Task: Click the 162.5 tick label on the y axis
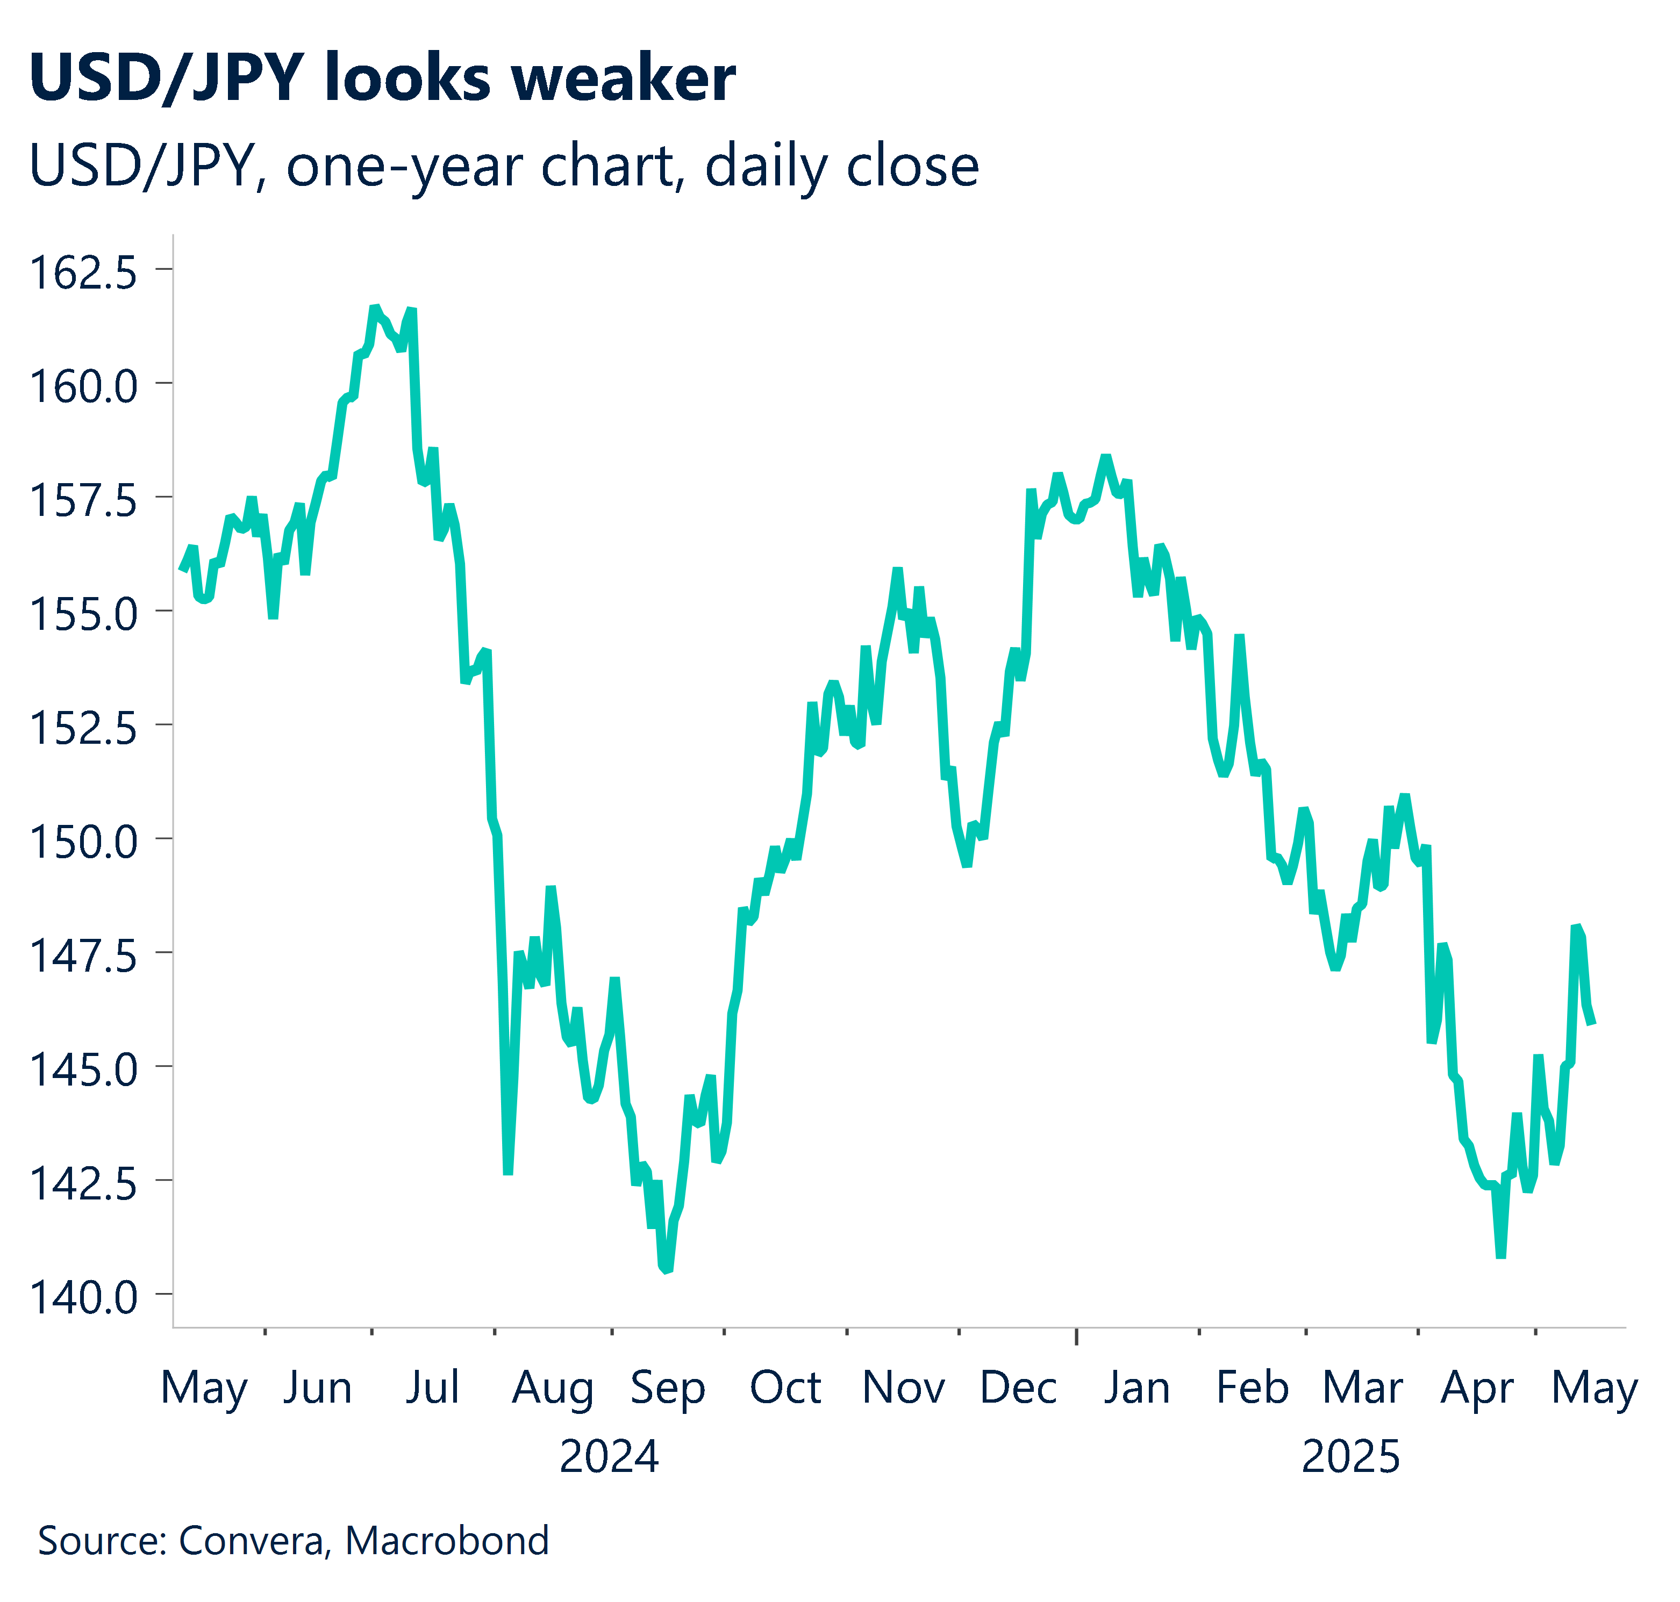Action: coord(83,272)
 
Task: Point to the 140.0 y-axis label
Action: coord(83,1297)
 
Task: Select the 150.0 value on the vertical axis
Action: coord(83,842)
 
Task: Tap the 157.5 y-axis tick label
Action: coord(83,500)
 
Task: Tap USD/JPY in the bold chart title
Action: coord(167,78)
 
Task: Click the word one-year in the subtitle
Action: coord(404,167)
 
